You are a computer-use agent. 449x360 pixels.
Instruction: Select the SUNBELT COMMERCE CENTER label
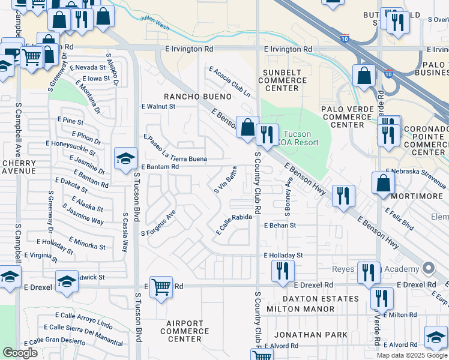(278, 80)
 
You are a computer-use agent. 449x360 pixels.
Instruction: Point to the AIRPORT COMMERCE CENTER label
(185, 331)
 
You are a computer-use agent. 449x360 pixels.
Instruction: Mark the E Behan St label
(280, 226)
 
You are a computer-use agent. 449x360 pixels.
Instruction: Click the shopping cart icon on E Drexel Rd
(161, 287)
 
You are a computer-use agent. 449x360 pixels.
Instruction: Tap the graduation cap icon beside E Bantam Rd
(125, 159)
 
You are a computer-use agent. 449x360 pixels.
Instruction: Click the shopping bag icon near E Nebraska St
(383, 183)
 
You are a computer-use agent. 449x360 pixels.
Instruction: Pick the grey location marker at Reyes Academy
(428, 268)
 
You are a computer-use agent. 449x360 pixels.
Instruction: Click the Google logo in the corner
(20, 353)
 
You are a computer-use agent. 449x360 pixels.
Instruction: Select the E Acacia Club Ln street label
(229, 82)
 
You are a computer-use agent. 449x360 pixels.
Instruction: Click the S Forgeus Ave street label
(158, 223)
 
